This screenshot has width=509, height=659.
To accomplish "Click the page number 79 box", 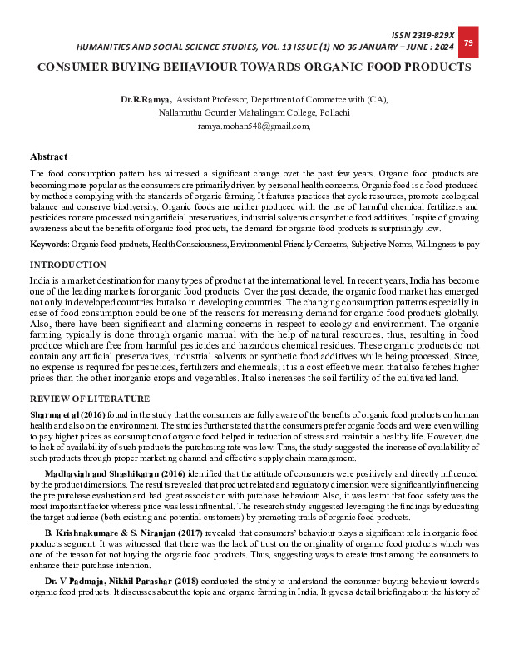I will point(467,42).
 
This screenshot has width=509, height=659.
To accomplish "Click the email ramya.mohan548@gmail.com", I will point(254,126).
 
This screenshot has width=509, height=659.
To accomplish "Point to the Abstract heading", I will point(48,156).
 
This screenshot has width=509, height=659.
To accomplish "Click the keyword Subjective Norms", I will point(373,245).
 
